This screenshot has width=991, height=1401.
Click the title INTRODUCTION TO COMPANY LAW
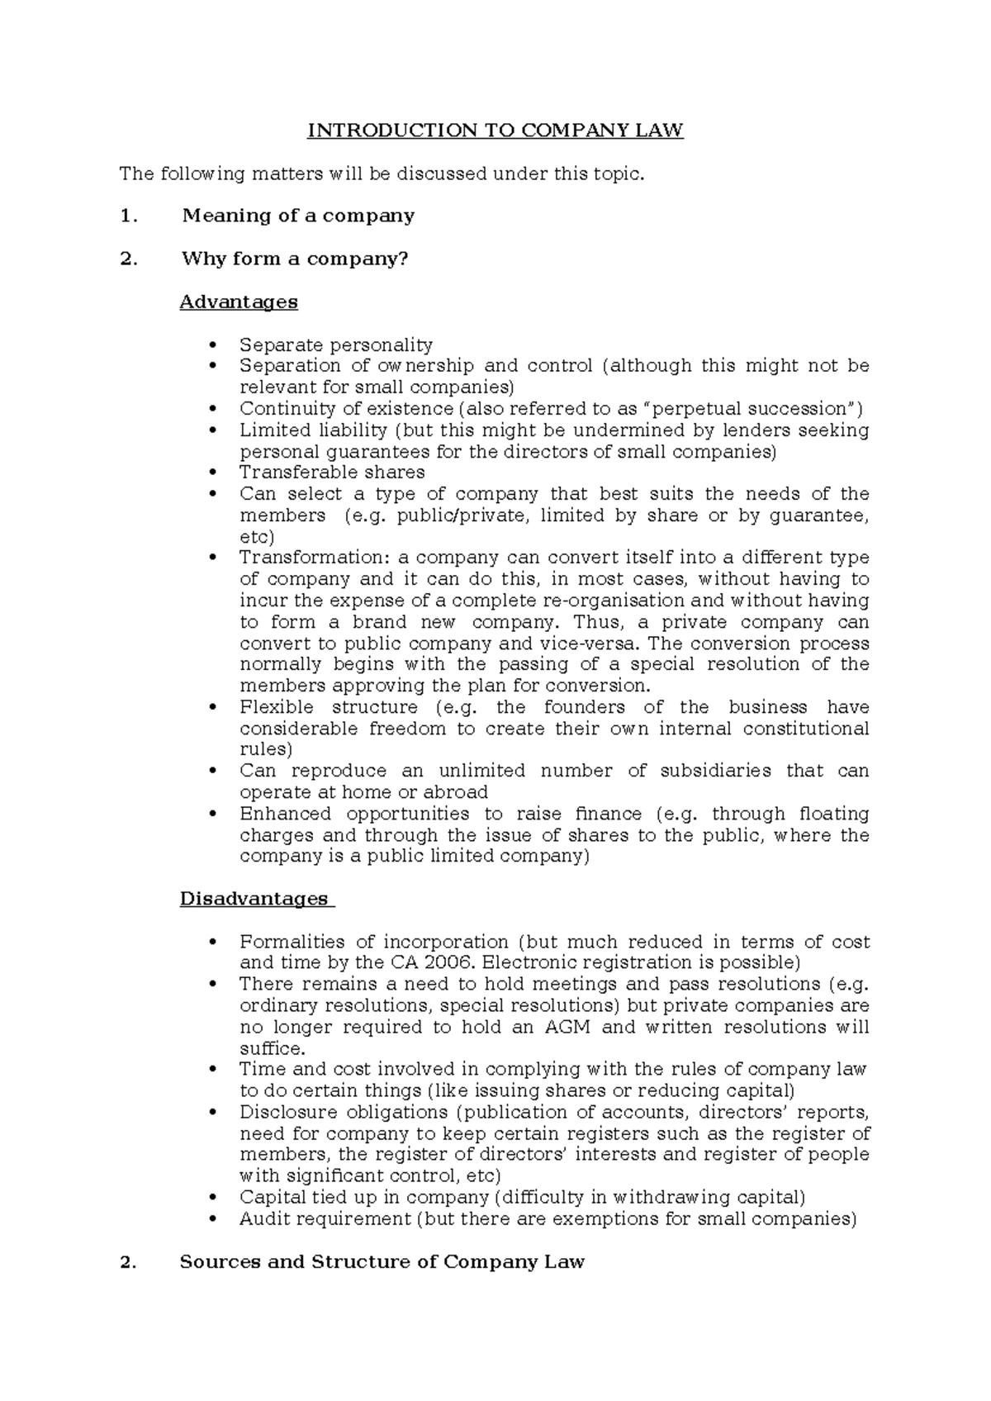[495, 131]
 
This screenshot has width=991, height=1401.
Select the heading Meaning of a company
[298, 216]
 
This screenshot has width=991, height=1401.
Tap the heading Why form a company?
[295, 259]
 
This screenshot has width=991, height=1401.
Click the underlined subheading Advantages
[239, 302]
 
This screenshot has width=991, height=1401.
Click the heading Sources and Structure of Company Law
[382, 1261]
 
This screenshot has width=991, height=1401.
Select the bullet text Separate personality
[336, 344]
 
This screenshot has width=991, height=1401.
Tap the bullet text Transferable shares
[332, 473]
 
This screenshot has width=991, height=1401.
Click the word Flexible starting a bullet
[277, 707]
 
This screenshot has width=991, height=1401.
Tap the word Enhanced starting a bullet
[281, 814]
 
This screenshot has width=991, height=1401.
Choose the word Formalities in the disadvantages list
[292, 942]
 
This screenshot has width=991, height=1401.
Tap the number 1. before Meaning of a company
[126, 216]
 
